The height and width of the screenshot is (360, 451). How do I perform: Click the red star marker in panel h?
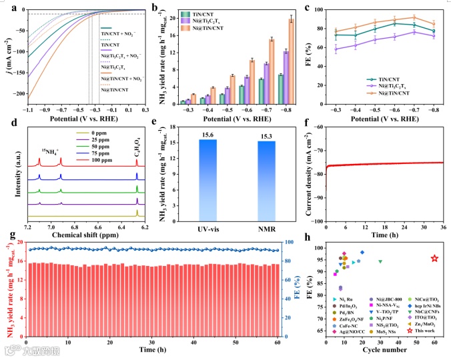click(434, 258)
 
